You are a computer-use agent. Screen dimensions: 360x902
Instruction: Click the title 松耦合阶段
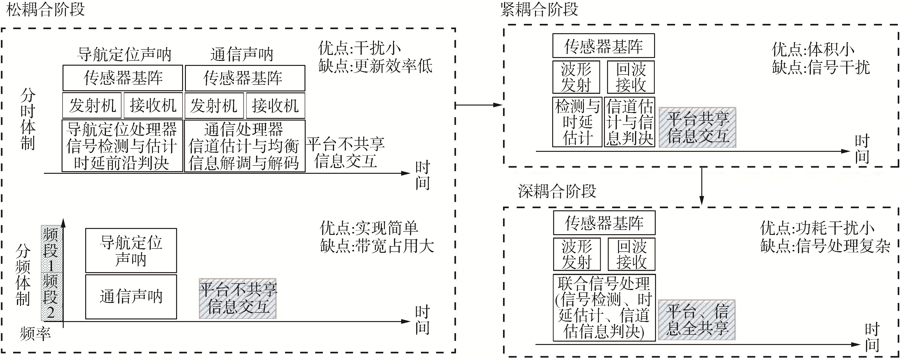click(46, 10)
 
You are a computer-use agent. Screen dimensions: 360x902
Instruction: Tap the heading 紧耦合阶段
click(539, 10)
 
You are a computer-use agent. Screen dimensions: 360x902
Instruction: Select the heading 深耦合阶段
click(557, 191)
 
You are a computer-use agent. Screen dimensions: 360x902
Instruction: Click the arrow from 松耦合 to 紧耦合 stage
click(479, 105)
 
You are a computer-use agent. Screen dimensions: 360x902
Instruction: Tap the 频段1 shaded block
click(51, 249)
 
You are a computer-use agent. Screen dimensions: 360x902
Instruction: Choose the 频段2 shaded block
click(51, 296)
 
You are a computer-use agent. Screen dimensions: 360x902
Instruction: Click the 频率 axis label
click(35, 334)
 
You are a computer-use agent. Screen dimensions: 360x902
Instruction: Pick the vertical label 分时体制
click(28, 119)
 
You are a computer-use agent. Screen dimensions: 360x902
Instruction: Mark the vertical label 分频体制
click(23, 275)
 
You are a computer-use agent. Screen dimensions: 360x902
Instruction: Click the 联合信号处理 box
click(604, 308)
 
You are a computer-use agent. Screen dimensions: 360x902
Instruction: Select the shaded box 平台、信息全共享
click(697, 320)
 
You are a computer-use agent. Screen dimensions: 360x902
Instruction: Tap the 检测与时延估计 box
click(577, 122)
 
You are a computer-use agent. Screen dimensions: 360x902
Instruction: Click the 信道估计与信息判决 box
click(629, 122)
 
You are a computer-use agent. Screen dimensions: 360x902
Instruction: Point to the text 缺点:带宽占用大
click(377, 246)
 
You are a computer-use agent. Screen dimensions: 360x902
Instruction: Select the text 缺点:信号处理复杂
click(825, 246)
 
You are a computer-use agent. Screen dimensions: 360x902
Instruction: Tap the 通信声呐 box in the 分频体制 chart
click(131, 296)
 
